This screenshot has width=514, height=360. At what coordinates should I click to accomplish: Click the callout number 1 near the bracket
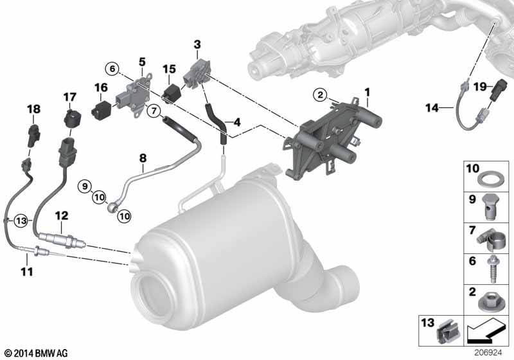point(367,93)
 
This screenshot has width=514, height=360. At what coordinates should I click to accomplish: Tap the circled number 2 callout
point(320,95)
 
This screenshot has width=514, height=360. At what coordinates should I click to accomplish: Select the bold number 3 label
point(197,44)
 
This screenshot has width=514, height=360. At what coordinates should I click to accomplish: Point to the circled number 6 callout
point(112,69)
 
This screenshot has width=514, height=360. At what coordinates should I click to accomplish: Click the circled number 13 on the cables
point(21,221)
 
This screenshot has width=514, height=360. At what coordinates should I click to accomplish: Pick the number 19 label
point(480,87)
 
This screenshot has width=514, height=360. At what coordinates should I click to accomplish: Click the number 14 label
point(432,107)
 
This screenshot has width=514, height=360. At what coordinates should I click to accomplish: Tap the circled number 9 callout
point(85,186)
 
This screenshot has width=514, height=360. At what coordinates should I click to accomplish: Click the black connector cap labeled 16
point(101,110)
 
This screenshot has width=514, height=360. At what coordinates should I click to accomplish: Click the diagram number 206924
point(488,353)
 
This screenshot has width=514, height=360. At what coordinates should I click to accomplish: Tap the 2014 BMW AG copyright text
point(37,353)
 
